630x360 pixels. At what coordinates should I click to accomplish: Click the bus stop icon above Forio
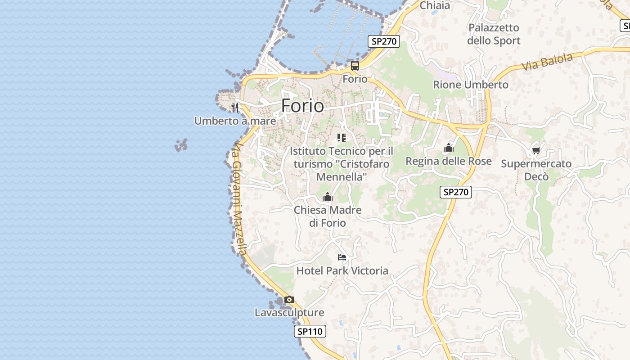tap(355, 66)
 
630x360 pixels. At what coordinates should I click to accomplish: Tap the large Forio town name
tap(302, 106)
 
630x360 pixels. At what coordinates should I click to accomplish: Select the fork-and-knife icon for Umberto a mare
tap(234, 107)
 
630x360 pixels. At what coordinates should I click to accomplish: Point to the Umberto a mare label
tap(235, 121)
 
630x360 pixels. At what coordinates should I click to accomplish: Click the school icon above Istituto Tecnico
tap(342, 138)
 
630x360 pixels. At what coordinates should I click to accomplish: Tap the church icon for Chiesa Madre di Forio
tap(328, 197)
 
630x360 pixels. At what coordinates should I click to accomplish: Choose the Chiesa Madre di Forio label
tap(328, 216)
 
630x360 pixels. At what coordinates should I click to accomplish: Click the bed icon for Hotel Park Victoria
tap(342, 257)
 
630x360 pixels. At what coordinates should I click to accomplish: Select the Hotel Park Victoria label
tap(342, 270)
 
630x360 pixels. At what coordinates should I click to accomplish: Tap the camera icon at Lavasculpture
tap(289, 299)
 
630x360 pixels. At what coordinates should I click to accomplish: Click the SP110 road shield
tap(310, 332)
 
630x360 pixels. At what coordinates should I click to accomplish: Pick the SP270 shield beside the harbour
tap(383, 41)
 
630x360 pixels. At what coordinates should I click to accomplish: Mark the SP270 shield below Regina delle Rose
tap(455, 192)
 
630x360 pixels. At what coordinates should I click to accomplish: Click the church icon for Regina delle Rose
tap(449, 148)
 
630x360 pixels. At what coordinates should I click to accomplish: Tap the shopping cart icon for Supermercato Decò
tap(536, 150)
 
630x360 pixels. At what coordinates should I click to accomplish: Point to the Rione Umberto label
tap(471, 85)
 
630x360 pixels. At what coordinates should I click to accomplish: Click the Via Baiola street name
tap(547, 62)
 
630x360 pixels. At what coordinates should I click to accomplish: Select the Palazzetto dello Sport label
tap(494, 34)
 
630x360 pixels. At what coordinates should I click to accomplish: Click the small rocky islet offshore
tap(181, 145)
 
